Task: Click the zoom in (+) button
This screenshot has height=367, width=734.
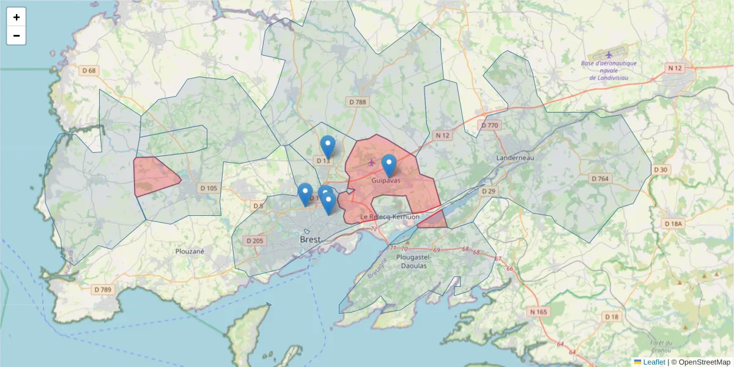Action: [17, 17]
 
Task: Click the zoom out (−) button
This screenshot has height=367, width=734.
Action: [17, 35]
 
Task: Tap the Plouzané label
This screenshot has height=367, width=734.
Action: [190, 251]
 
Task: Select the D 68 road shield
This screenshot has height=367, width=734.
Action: [89, 71]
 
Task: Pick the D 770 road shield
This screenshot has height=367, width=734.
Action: [490, 125]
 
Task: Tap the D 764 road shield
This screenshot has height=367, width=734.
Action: [600, 179]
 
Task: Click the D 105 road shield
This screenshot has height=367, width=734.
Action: [208, 188]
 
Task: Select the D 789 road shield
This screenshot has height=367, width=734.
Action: [103, 289]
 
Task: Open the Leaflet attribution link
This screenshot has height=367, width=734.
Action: [653, 362]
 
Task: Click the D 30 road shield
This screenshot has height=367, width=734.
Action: [661, 169]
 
